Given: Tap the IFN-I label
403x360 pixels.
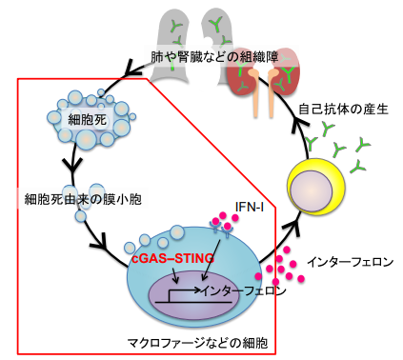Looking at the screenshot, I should [250, 207].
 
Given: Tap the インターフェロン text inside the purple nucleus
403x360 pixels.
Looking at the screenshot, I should [237, 290].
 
